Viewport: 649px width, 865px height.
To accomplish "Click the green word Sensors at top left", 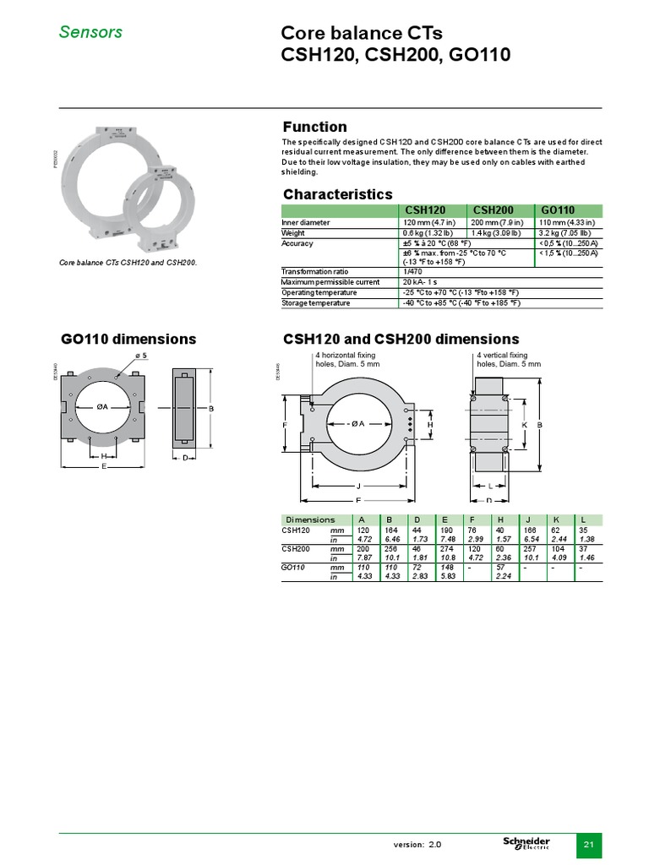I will (x=90, y=32).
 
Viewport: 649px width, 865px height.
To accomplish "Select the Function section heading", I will (x=314, y=127).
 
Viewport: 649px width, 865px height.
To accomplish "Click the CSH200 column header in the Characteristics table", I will (x=493, y=210).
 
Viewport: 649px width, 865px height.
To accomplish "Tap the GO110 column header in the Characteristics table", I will (x=558, y=210).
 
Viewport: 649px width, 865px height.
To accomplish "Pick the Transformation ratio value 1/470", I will (x=412, y=272).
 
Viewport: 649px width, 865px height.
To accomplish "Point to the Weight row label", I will (x=293, y=233).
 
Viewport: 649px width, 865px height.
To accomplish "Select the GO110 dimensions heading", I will (x=128, y=339).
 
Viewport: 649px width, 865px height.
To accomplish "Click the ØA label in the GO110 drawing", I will (x=101, y=406).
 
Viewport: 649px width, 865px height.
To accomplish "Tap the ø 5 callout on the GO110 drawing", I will (x=140, y=356).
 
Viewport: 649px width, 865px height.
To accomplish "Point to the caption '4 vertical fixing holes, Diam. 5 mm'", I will (x=508, y=360).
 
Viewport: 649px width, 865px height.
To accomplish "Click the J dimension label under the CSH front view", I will (x=358, y=486).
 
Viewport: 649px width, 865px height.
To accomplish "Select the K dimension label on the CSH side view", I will (x=525, y=423).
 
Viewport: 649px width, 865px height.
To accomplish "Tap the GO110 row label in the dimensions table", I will (x=292, y=568).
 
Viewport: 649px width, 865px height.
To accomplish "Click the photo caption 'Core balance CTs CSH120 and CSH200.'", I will (x=128, y=263).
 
